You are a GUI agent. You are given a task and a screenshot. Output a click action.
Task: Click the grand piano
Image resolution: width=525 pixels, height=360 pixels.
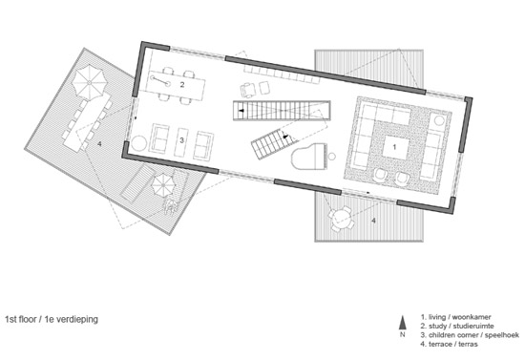(308, 157)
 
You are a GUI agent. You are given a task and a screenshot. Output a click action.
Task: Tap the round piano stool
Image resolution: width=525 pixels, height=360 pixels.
(332, 156)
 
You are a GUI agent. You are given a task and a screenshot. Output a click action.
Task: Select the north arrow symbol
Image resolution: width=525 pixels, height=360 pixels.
(403, 323)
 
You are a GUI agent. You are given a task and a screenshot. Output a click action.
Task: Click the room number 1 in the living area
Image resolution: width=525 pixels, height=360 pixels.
(394, 147)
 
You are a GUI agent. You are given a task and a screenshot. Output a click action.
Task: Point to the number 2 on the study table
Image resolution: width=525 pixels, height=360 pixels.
(182, 84)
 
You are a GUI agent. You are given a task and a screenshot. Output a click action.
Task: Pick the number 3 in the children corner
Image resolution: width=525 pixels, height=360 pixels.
(181, 140)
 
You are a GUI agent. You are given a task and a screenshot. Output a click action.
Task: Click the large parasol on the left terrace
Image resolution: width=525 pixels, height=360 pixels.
(90, 82)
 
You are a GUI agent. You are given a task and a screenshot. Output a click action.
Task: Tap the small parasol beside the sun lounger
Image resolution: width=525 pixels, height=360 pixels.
(163, 185)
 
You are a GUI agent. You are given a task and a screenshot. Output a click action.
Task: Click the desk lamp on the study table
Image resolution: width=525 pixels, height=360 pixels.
(160, 81)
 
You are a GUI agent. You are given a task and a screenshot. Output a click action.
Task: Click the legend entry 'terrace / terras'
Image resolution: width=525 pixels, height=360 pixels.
(449, 344)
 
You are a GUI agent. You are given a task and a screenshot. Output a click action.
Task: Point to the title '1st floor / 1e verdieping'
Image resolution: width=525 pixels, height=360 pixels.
(52, 319)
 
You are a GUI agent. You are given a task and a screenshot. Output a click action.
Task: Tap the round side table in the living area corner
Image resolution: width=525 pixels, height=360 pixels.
(439, 120)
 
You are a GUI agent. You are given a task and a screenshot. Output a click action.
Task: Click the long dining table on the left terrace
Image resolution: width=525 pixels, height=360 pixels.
(87, 122)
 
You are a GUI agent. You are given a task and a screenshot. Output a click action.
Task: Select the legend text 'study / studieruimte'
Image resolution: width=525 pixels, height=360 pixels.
(457, 326)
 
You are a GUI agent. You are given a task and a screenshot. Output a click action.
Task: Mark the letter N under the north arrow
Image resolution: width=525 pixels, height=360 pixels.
(403, 334)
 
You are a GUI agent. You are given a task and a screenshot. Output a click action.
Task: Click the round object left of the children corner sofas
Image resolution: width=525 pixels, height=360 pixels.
(139, 143)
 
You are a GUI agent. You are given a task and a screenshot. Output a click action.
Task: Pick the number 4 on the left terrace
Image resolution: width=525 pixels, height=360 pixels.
(99, 144)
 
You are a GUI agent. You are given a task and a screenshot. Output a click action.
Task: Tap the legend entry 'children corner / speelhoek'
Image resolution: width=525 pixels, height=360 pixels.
(470, 335)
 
